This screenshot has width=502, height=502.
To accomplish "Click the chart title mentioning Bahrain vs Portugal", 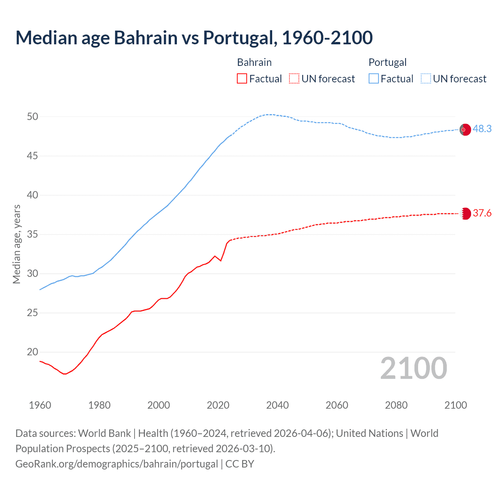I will tap(194, 38).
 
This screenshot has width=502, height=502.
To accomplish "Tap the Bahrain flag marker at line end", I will tap(465, 213).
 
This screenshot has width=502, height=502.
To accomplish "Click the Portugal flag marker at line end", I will tap(465, 129).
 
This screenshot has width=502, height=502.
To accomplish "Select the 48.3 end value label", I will tap(482, 129).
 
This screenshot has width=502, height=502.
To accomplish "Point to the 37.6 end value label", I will tap(482, 213).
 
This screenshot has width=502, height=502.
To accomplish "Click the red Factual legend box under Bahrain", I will tap(242, 79).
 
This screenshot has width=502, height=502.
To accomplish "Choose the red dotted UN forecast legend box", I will tap(294, 79).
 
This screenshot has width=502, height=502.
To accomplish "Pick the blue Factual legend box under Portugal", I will tap(374, 79).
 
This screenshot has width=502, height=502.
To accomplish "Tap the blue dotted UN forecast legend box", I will tap(426, 79).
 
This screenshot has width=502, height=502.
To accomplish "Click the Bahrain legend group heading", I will tap(254, 62).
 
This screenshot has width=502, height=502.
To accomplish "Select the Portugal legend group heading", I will tap(387, 62).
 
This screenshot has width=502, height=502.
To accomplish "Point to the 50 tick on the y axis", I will tap(33, 117).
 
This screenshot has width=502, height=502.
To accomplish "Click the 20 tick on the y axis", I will tap(33, 352).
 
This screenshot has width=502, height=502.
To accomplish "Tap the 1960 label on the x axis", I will tap(40, 405).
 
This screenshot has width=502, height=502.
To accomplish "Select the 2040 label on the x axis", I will tap(277, 405).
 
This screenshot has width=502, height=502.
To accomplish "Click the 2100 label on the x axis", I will tap(455, 405).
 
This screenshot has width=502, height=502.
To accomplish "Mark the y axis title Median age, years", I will tap(16, 244).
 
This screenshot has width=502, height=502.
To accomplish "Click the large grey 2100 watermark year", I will tap(413, 368).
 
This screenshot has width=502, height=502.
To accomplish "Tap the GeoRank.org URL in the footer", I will tap(116, 464).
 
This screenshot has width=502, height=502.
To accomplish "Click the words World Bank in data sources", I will tap(104, 433).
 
